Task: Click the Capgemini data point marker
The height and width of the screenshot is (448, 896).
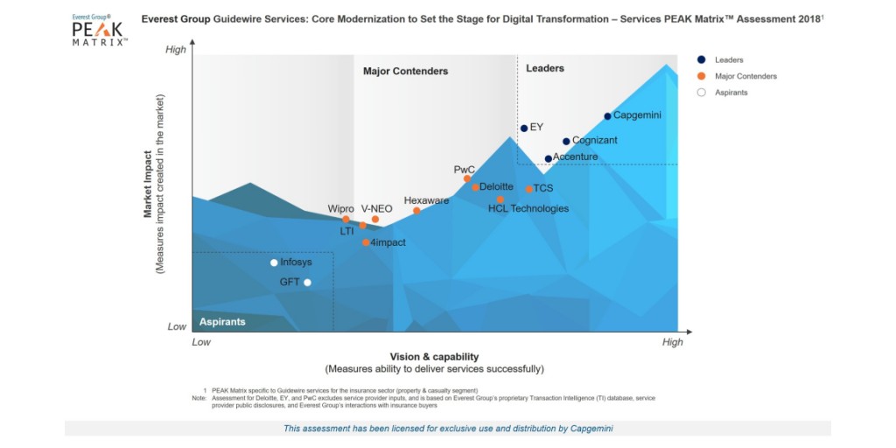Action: (607, 116)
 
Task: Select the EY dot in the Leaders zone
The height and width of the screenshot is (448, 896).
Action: (524, 129)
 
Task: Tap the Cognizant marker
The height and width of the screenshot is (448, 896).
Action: (566, 142)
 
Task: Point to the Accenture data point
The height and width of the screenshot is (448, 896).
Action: (549, 159)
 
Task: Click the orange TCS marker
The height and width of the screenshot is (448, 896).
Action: (529, 189)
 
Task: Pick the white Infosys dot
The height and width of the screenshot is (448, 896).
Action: (274, 262)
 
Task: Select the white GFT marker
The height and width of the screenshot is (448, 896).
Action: (307, 283)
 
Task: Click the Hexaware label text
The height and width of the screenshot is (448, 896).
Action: (426, 200)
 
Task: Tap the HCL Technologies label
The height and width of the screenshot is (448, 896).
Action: (528, 208)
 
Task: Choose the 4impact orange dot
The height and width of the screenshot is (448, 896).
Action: (366, 242)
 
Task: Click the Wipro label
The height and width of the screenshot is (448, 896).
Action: (340, 208)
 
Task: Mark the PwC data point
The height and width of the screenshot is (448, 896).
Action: (467, 179)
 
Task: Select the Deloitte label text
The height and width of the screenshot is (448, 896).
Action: (496, 186)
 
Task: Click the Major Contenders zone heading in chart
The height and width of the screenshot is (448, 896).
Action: (405, 71)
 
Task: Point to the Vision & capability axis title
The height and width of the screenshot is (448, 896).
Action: (434, 356)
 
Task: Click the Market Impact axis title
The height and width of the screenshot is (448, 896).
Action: (149, 185)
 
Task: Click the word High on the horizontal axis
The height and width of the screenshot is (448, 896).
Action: (672, 342)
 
